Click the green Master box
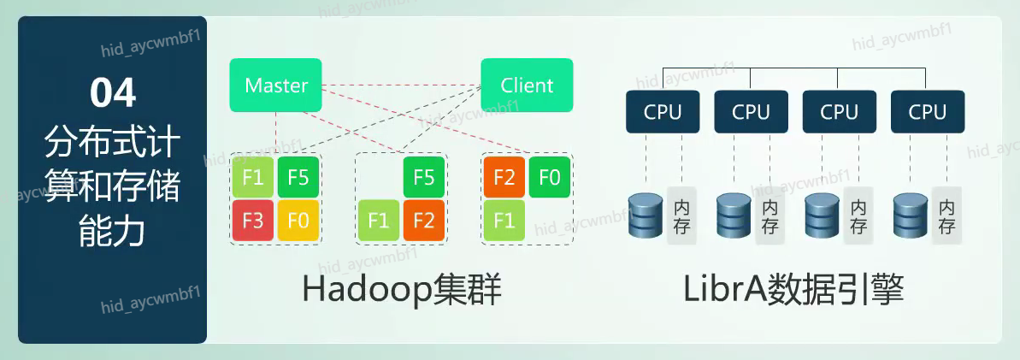tap(275, 85)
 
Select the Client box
tap(527, 85)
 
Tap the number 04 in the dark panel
tap(113, 92)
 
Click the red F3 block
tap(252, 221)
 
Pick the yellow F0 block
tap(298, 221)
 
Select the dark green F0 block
tap(550, 178)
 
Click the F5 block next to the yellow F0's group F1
tap(298, 178)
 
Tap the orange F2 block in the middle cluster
tap(424, 221)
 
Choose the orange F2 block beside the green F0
tap(504, 178)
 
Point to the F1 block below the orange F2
tap(504, 221)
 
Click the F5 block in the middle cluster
tap(424, 178)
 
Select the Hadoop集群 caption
tap(401, 291)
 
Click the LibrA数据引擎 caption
tap(793, 291)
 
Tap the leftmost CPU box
tap(663, 111)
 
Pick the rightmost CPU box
tap(928, 111)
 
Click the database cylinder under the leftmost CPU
tap(645, 215)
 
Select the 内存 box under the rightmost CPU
tap(946, 216)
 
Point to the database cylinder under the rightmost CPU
tap(910, 215)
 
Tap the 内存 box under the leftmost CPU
tap(682, 216)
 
